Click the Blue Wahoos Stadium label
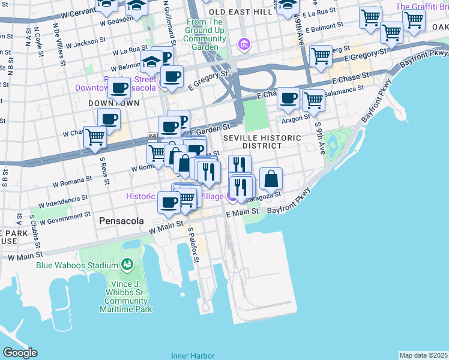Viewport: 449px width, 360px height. (77, 265)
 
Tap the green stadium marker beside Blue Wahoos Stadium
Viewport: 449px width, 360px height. (127, 264)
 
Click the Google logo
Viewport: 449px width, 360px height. (20, 353)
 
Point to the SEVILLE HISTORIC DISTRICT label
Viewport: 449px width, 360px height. (262, 142)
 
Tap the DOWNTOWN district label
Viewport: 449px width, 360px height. (113, 103)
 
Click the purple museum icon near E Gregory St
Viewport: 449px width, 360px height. (244, 44)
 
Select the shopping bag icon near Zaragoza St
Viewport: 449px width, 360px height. (271, 178)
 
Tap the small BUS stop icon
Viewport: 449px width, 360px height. (152, 136)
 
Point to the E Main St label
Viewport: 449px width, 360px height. (242, 211)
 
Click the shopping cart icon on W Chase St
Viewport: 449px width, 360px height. (95, 137)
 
